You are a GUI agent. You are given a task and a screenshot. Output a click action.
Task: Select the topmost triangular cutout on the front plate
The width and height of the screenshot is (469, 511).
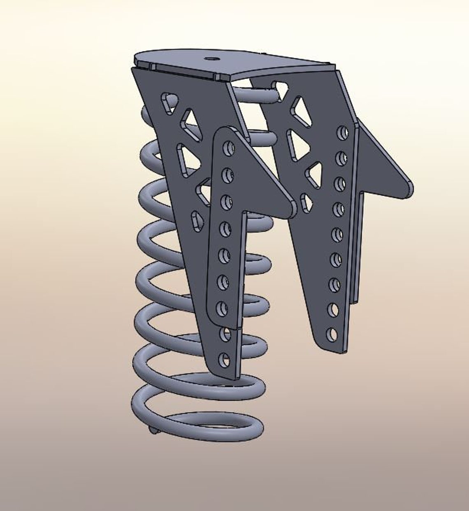click(x=169, y=102)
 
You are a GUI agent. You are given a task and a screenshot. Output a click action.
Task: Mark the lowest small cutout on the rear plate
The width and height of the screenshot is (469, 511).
click(x=305, y=202)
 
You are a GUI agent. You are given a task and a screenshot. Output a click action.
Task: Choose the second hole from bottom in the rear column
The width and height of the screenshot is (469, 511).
click(x=334, y=309)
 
